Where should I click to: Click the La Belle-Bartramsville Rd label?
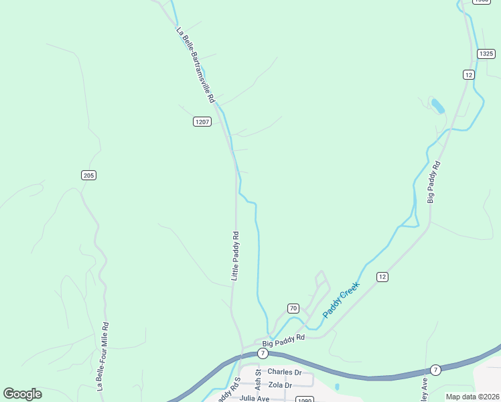pos(196,65)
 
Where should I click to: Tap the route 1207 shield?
pos(202,121)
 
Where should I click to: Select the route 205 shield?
pos(88,175)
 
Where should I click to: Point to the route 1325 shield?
pos(486,53)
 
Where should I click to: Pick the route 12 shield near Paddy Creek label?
pos(382,277)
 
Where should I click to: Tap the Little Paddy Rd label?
pos(235,256)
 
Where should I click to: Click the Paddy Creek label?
pos(341,299)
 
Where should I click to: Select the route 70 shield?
pos(293,308)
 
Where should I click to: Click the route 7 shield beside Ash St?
pos(263,353)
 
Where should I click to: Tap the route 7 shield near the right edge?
pos(435,370)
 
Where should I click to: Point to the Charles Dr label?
pos(285,372)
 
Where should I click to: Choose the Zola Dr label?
pos(279,385)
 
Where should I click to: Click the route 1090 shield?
pos(305,399)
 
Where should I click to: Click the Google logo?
pos(22,394)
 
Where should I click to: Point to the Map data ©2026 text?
pos(472,397)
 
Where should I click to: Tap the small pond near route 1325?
pos(438,106)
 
